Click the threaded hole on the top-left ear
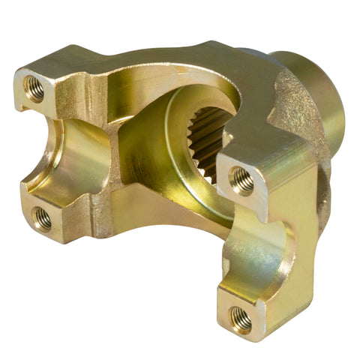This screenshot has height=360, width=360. pyautogui.click(x=35, y=88)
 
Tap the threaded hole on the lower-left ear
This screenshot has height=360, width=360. pyautogui.click(x=43, y=219)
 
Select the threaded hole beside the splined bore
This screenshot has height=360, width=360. pyautogui.click(x=241, y=180)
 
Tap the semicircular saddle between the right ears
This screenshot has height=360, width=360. pyautogui.click(x=262, y=247)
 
